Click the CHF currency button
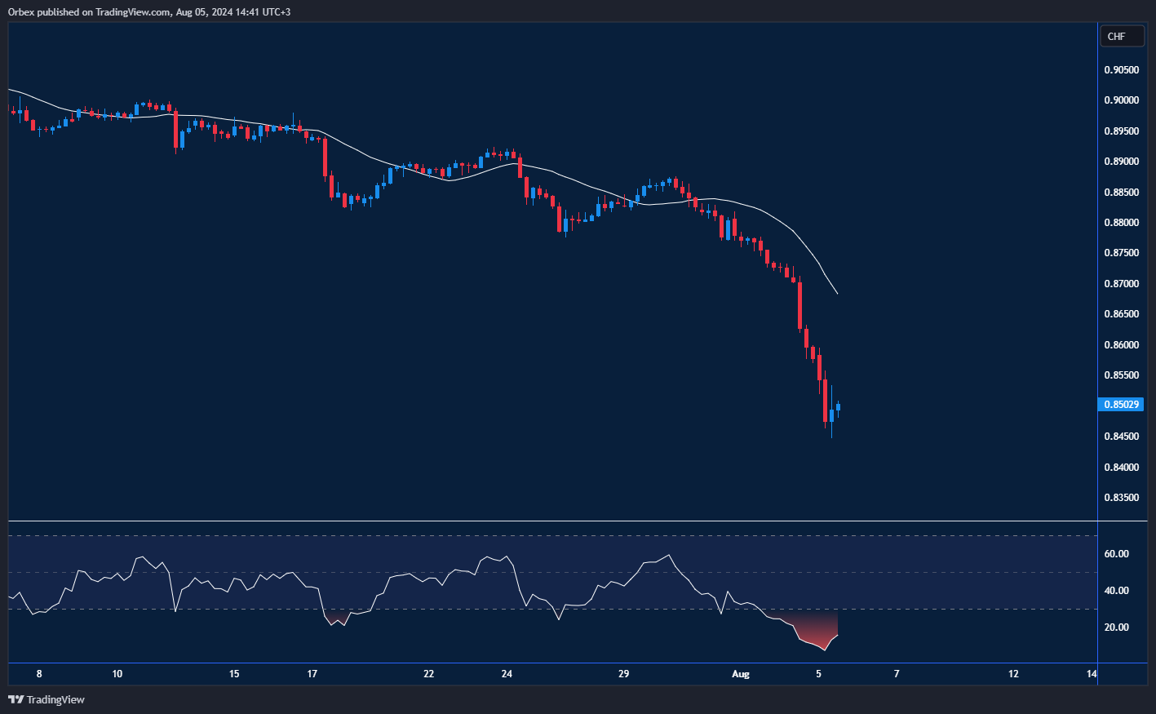[1122, 36]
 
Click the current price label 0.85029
[1122, 405]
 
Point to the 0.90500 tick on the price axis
[1122, 70]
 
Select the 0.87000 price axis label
[1122, 284]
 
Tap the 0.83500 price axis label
[1122, 498]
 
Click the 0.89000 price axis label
[1122, 162]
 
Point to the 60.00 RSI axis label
[1116, 554]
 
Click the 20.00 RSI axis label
[1116, 628]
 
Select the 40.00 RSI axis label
[1116, 591]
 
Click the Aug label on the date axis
[740, 674]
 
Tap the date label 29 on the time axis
[623, 674]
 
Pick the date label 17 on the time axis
[312, 674]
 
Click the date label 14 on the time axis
[1092, 674]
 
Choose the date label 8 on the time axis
[39, 674]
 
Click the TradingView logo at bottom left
[47, 699]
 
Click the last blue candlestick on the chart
[838, 408]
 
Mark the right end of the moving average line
[837, 293]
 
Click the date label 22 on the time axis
[428, 674]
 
